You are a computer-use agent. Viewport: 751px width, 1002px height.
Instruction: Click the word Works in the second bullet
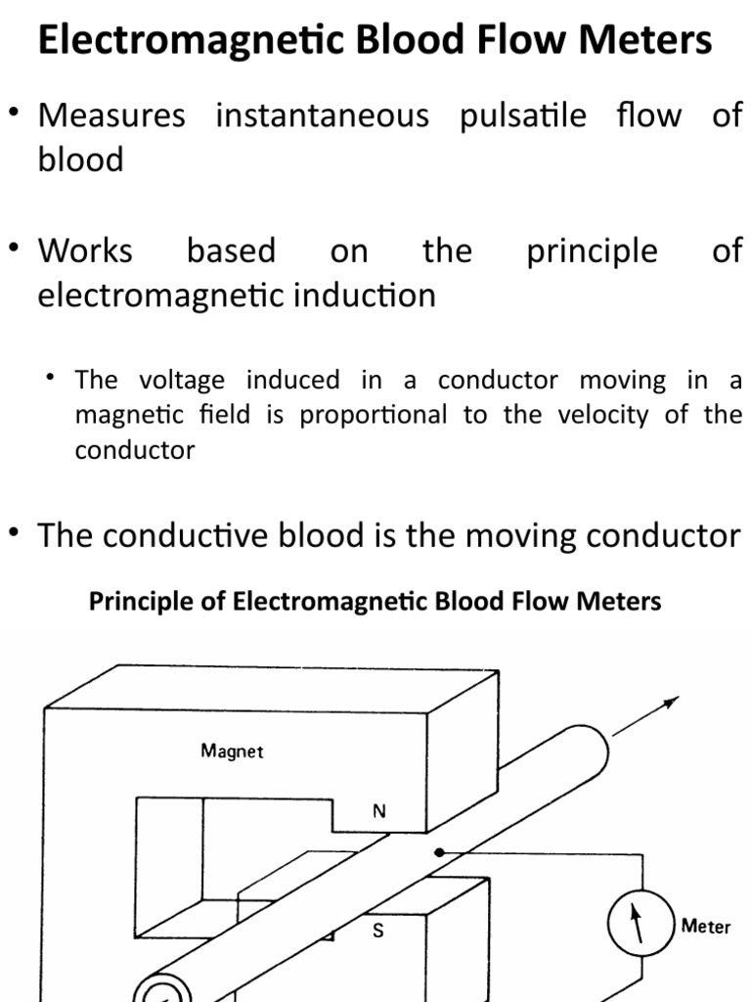pyautogui.click(x=85, y=250)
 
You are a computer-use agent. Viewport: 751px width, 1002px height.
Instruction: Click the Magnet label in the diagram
pyautogui.click(x=232, y=751)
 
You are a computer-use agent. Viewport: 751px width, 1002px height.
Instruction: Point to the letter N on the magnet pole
pyautogui.click(x=378, y=811)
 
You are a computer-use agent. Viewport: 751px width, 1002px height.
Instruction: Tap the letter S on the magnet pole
pyautogui.click(x=377, y=931)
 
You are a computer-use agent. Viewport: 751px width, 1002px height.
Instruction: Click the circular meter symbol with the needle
pyautogui.click(x=637, y=923)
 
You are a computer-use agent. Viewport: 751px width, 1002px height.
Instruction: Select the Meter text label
pyautogui.click(x=706, y=926)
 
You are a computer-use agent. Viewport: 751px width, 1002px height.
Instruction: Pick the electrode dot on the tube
pyautogui.click(x=439, y=852)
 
